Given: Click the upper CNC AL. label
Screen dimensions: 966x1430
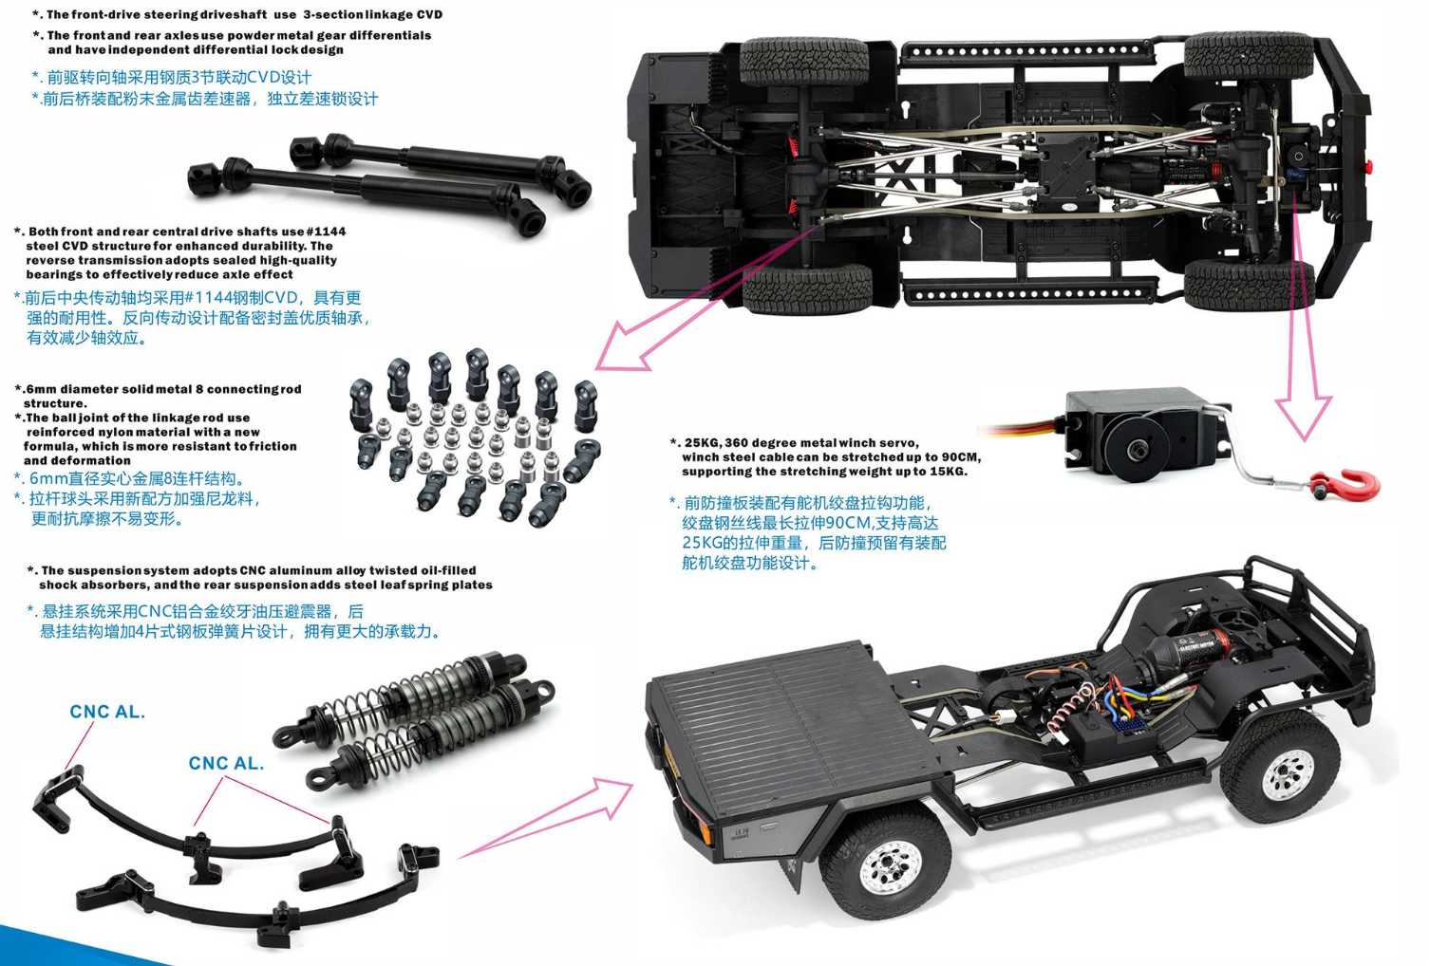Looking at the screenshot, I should pos(107,712).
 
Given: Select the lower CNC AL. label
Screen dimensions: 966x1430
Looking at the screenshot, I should pos(226,763).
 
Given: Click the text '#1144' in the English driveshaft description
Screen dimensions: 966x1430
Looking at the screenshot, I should pos(326,232).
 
